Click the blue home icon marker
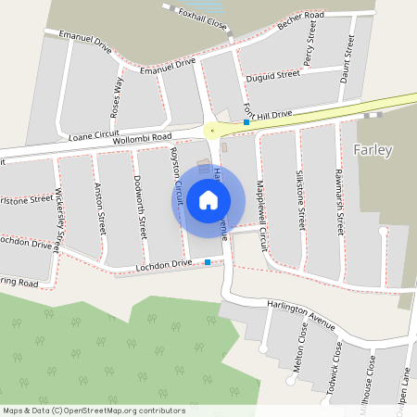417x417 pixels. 208,200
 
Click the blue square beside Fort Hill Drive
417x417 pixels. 246,122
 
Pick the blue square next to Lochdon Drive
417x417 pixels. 208,262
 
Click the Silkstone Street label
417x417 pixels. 300,198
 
